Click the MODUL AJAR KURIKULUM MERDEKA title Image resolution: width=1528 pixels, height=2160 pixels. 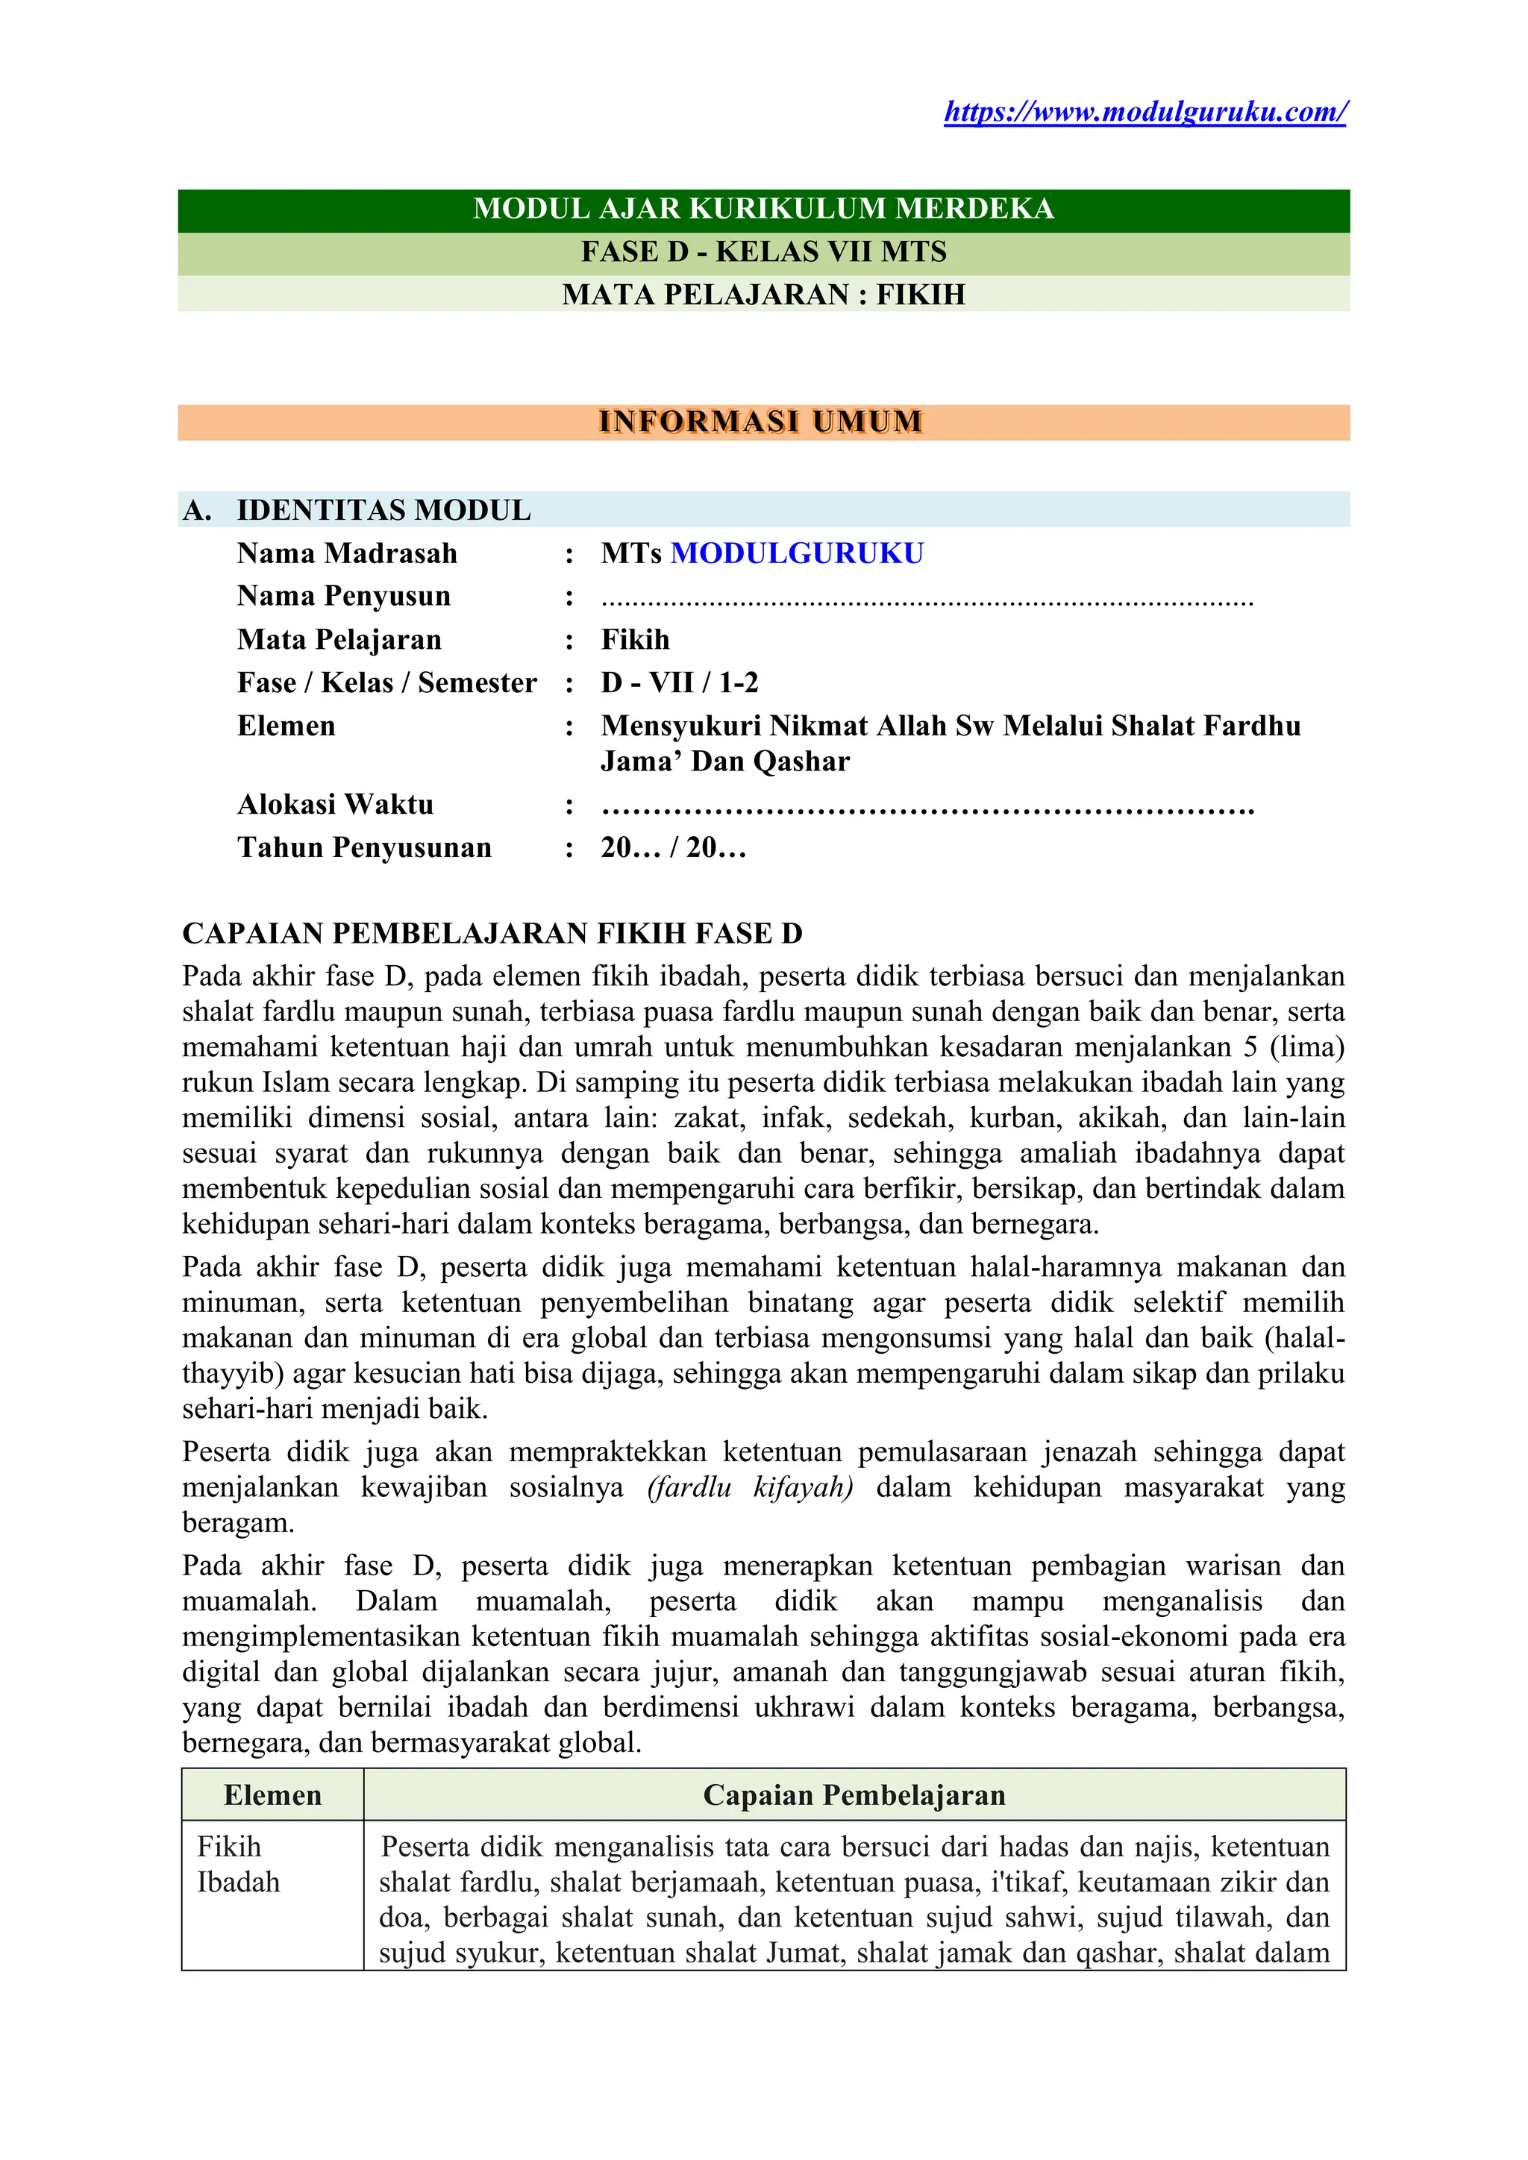click(763, 209)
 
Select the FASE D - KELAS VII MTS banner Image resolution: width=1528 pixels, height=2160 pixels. click(763, 252)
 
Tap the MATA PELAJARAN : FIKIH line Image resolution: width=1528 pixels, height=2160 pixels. click(763, 295)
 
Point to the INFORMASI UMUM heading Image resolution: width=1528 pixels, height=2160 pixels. click(760, 421)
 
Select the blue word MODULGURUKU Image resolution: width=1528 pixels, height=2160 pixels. click(796, 553)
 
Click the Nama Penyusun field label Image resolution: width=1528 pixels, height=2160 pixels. click(343, 597)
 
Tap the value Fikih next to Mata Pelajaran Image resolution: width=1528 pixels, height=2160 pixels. click(635, 640)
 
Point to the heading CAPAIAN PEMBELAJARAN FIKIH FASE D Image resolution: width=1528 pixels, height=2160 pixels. click(492, 933)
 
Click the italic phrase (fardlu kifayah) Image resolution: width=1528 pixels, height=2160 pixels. click(750, 1487)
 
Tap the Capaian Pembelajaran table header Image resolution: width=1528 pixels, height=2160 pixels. click(854, 1795)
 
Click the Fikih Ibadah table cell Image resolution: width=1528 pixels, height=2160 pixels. click(238, 1864)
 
